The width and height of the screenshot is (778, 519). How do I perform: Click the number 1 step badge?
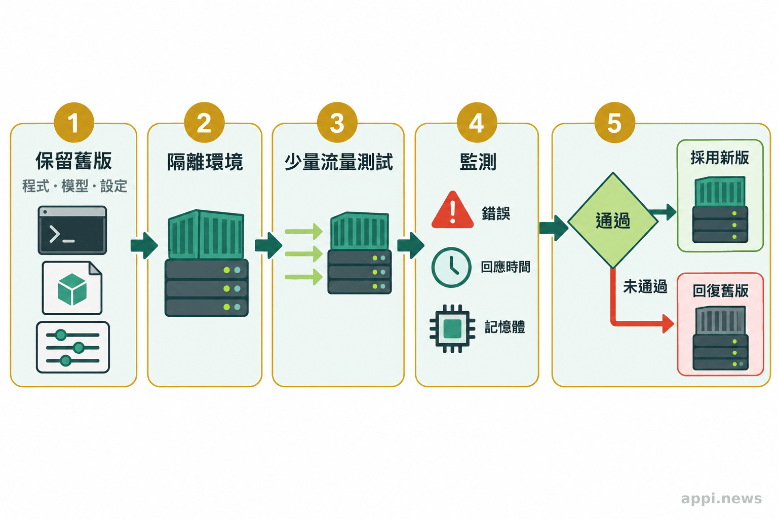(x=74, y=122)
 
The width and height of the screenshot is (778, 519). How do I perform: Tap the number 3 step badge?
(x=337, y=122)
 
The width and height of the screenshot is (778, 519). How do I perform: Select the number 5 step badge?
(x=615, y=122)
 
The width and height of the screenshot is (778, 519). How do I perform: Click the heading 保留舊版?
(x=73, y=161)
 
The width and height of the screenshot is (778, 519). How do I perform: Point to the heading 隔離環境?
(x=205, y=162)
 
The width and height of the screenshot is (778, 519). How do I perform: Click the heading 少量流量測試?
(x=339, y=162)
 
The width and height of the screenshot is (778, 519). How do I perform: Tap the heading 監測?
(x=478, y=162)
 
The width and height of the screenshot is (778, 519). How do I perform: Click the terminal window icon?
(x=72, y=230)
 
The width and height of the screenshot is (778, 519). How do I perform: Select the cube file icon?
(x=72, y=288)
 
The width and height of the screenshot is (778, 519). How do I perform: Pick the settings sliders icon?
(x=73, y=347)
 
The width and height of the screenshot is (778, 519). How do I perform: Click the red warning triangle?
(x=452, y=210)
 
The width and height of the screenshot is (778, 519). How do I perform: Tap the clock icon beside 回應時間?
(x=451, y=267)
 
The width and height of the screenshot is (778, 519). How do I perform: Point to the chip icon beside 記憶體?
(x=452, y=328)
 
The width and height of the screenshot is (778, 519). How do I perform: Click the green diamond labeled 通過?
(x=613, y=220)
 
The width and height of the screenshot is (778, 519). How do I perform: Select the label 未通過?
(x=645, y=287)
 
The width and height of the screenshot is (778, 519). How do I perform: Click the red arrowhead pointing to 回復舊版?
(x=668, y=324)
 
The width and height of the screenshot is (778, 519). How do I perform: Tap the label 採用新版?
(x=720, y=158)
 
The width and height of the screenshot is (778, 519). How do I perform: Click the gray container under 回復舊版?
(x=721, y=320)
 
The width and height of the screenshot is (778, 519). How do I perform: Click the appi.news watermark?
(x=721, y=499)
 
